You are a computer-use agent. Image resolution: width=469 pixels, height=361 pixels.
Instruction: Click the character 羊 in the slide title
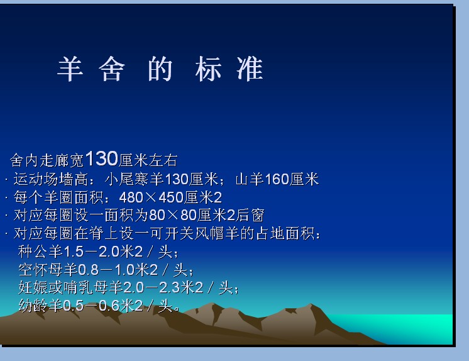70,69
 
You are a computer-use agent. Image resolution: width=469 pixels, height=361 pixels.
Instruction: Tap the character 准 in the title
250,69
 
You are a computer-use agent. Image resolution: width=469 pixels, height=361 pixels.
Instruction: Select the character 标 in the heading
208,69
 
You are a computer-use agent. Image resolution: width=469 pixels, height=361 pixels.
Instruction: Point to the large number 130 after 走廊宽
102,158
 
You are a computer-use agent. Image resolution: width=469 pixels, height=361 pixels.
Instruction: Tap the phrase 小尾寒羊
135,179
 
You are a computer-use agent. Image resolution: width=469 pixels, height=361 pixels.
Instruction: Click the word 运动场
36,179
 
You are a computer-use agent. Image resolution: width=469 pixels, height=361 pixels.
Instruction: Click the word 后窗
250,215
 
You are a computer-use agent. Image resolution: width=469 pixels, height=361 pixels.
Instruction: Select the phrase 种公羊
40,252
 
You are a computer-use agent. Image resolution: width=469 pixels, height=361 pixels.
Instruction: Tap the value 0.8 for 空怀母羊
88,270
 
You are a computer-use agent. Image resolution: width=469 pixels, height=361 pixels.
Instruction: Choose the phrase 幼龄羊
40,305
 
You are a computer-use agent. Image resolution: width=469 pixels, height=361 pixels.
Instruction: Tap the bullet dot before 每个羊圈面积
6,197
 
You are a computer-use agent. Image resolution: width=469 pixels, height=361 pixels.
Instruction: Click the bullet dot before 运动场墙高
6,180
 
